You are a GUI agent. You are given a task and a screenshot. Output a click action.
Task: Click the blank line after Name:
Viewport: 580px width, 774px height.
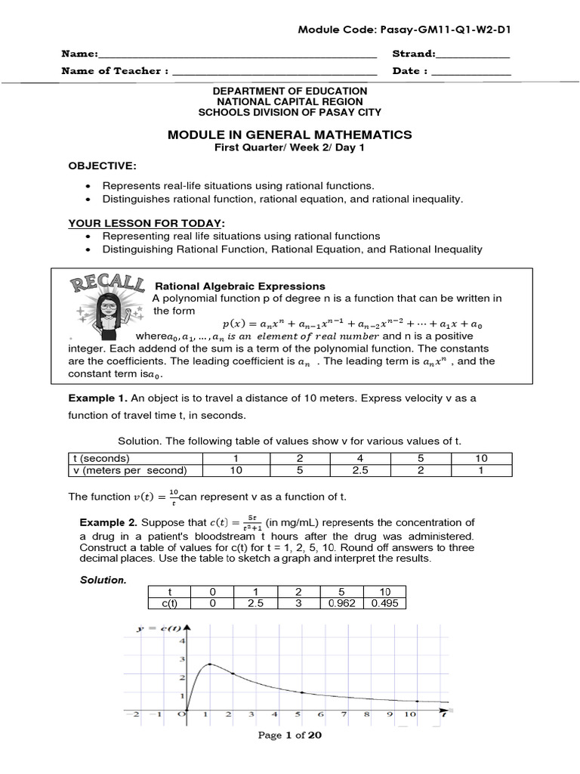237,55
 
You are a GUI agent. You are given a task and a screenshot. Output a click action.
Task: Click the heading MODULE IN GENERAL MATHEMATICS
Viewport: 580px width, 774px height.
289,135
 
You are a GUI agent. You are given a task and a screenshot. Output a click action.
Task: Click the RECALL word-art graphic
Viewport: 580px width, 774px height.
108,285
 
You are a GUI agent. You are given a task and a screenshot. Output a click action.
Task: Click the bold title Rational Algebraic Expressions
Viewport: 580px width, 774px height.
239,286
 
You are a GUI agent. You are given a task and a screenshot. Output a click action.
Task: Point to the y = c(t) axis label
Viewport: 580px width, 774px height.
159,628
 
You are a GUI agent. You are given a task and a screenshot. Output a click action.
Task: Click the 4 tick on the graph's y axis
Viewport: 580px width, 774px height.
180,641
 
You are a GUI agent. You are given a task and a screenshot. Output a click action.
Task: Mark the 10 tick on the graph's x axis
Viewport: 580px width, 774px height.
409,713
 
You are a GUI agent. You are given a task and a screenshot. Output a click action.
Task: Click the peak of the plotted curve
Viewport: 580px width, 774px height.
208,664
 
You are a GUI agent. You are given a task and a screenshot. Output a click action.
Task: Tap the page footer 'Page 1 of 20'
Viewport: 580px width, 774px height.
290,735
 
